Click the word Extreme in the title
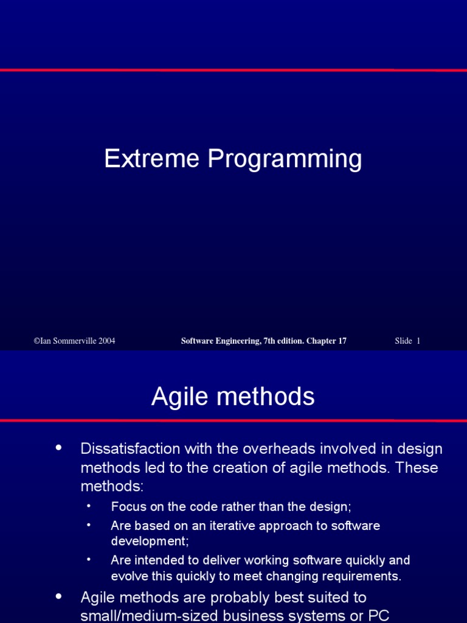(152, 159)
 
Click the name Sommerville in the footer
(72, 341)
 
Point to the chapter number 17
(342, 341)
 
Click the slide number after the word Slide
(418, 341)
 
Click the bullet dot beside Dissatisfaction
(59, 448)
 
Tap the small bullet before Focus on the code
(89, 506)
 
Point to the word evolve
(128, 576)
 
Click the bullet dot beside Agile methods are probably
(59, 597)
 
